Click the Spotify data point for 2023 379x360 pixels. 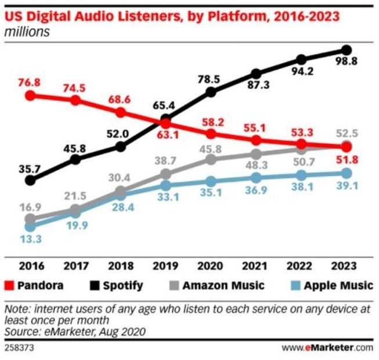click(x=346, y=50)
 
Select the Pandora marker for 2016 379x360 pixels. click(x=30, y=95)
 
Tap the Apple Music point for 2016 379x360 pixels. click(x=30, y=227)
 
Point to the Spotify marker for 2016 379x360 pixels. click(x=30, y=181)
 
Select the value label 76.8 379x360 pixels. click(x=30, y=82)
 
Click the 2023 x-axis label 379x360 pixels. click(x=346, y=268)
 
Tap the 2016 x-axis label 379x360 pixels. click(x=30, y=268)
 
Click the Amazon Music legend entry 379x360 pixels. click(x=218, y=286)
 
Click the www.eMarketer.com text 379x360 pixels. click(x=328, y=348)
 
